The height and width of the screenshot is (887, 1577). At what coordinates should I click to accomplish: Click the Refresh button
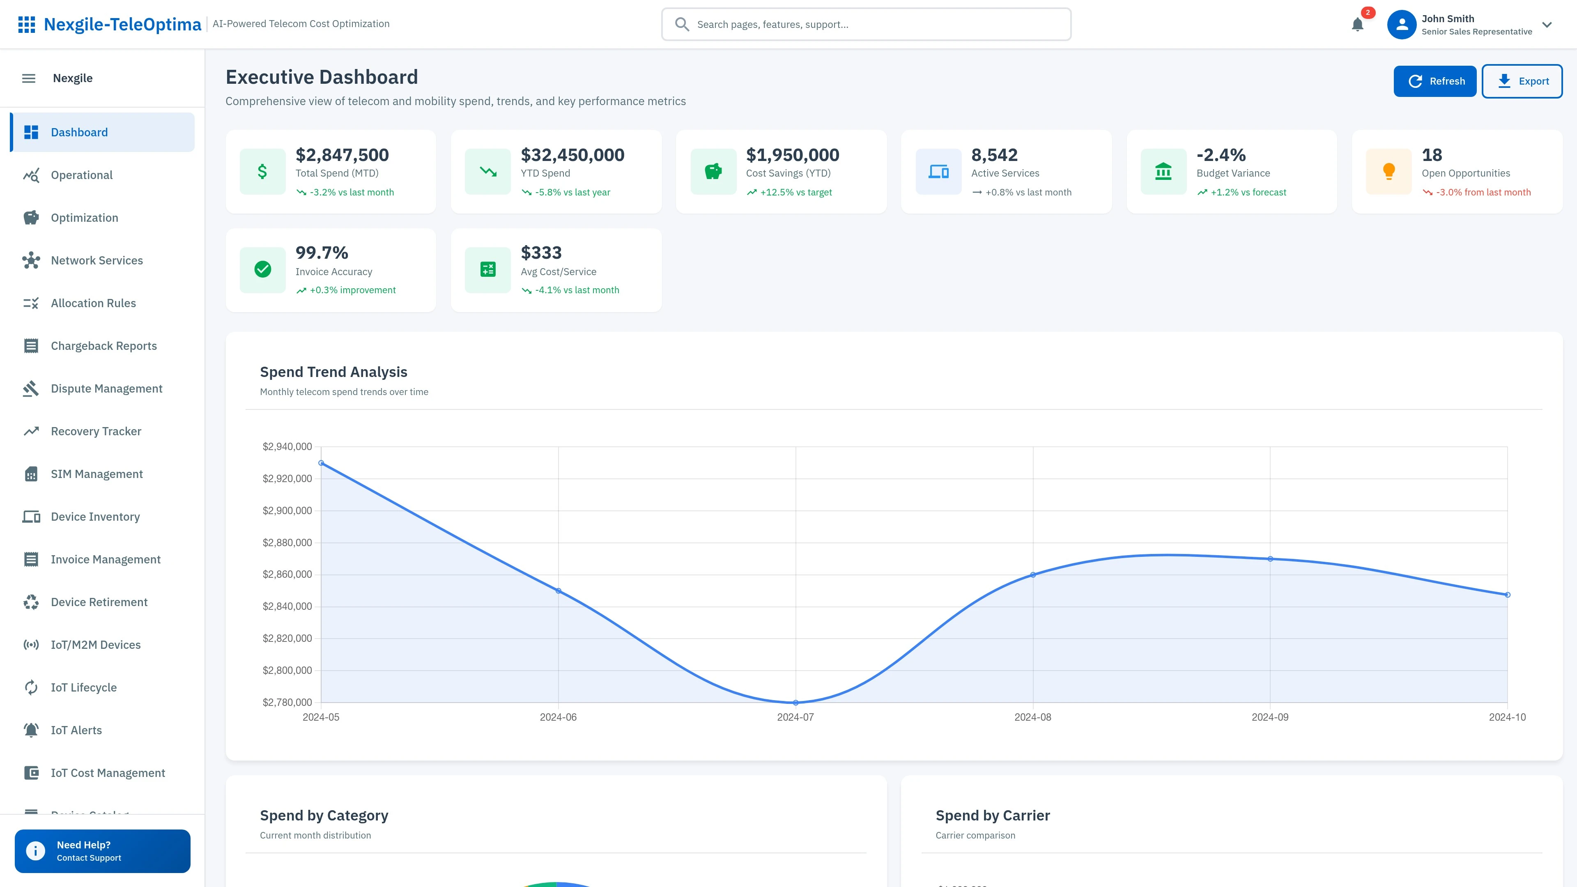click(1434, 81)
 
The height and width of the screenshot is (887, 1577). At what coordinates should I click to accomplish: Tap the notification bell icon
click(1357, 25)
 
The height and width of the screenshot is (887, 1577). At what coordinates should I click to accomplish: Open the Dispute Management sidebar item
click(106, 389)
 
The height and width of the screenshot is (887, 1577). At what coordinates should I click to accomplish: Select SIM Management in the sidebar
click(97, 474)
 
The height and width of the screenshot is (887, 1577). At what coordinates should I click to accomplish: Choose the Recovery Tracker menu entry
click(96, 431)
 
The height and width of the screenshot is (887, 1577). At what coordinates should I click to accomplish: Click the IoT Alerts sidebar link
click(76, 730)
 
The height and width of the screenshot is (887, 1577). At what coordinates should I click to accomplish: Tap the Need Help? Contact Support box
click(102, 851)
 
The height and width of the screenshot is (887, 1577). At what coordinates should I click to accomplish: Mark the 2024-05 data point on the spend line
click(322, 463)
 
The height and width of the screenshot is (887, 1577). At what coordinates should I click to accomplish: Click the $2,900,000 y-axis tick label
click(287, 510)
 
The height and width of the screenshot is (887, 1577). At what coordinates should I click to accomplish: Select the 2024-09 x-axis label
click(1270, 717)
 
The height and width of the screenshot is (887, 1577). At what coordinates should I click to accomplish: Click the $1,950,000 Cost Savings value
click(792, 155)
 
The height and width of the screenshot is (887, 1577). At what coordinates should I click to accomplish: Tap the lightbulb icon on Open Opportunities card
click(1388, 171)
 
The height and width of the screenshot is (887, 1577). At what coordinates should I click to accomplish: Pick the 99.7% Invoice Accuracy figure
click(322, 253)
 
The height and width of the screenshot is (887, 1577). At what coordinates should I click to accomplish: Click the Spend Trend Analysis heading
click(333, 372)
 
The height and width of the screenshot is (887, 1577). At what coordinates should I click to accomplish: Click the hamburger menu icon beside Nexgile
click(29, 78)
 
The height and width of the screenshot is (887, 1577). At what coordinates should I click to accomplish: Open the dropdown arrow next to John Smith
click(1547, 25)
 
